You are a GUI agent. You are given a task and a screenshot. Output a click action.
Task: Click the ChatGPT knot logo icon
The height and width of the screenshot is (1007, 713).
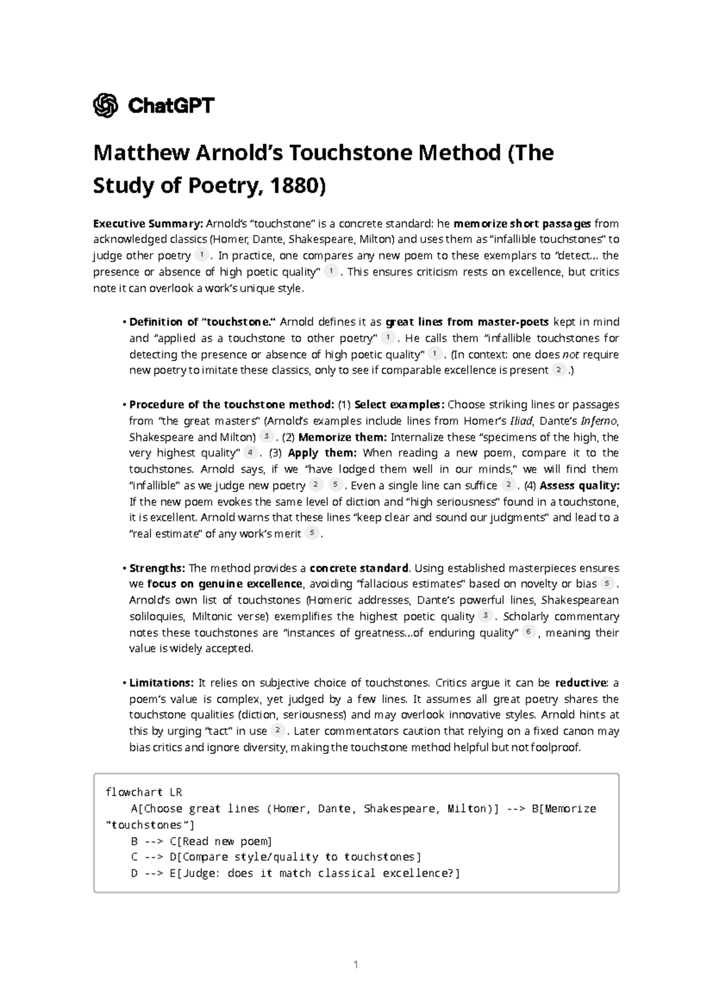click(105, 106)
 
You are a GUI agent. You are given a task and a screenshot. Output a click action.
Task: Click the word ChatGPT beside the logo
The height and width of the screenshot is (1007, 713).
click(171, 106)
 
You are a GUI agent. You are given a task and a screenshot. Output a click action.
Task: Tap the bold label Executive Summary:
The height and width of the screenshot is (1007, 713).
click(148, 224)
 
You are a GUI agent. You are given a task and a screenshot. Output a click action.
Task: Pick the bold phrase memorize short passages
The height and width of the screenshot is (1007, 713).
click(522, 224)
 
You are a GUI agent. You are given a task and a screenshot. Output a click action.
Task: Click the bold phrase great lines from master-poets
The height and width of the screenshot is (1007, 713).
click(468, 322)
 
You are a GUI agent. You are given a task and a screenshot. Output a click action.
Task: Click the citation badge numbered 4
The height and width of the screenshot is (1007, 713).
click(251, 453)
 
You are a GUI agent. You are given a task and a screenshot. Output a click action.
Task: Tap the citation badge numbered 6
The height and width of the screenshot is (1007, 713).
click(528, 632)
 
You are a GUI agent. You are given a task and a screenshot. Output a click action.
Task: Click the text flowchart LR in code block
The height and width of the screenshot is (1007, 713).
click(143, 792)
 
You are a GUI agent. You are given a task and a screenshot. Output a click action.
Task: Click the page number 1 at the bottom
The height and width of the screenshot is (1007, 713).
click(356, 965)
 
